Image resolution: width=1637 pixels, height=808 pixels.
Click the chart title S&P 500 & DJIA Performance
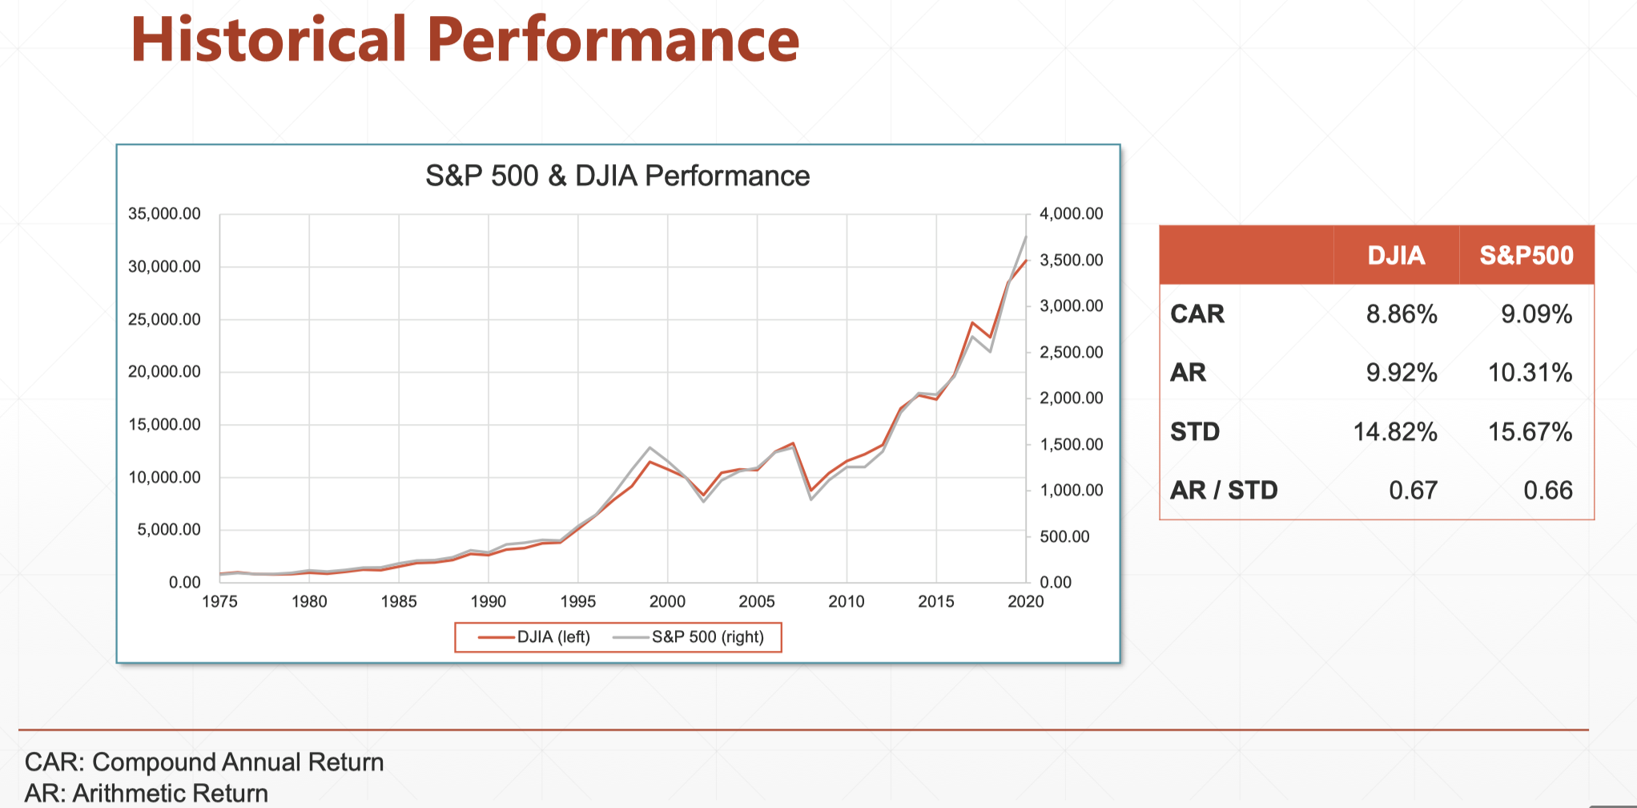click(x=617, y=176)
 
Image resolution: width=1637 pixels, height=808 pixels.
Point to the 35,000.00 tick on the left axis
click(x=164, y=214)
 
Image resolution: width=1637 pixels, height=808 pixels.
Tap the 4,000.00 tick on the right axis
click(x=1071, y=214)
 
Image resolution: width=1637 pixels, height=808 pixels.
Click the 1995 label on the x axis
click(x=577, y=602)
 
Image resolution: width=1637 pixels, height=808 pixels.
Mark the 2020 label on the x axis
click(x=1025, y=602)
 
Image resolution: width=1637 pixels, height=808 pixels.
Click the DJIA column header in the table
click(x=1396, y=256)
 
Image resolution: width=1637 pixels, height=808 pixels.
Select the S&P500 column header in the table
click(x=1526, y=256)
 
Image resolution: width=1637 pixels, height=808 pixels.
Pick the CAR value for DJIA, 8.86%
click(x=1402, y=314)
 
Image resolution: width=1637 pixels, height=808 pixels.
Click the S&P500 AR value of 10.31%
click(x=1530, y=373)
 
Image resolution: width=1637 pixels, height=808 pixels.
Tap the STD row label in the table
click(x=1194, y=432)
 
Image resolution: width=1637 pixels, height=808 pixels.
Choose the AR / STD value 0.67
click(x=1413, y=491)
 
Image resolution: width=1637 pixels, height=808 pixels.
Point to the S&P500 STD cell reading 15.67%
click(x=1530, y=432)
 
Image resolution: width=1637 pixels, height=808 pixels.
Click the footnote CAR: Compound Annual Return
click(x=204, y=762)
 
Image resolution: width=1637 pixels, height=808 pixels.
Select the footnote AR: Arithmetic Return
click(x=147, y=793)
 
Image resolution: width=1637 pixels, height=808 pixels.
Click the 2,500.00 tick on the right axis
click(x=1071, y=353)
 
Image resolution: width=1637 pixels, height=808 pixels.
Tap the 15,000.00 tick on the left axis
click(x=164, y=425)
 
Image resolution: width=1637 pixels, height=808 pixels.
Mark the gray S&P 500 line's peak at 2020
click(x=1025, y=238)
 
